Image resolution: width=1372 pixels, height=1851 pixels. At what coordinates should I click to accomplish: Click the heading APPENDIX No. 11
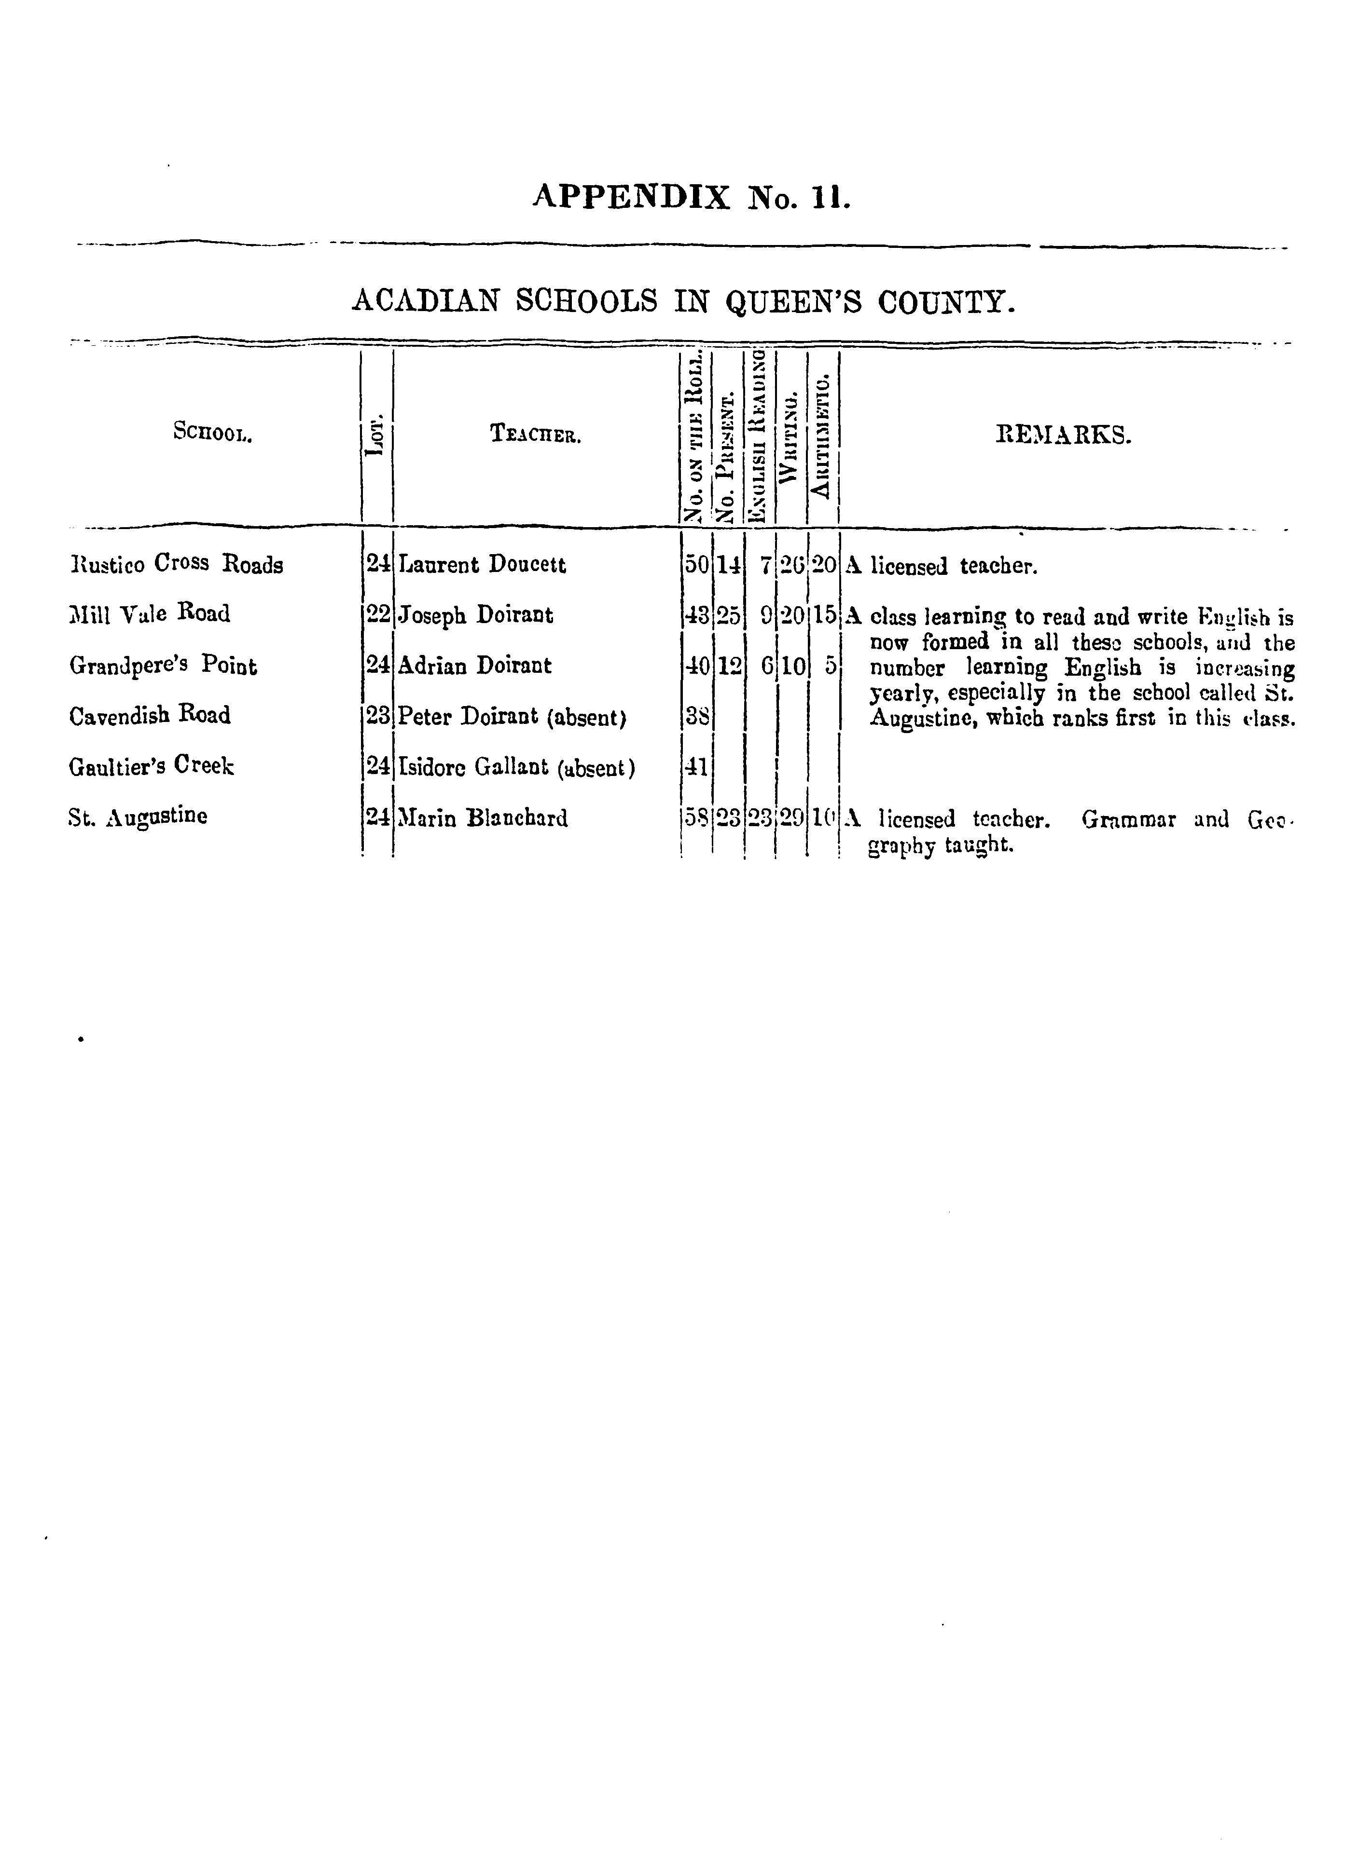click(x=691, y=198)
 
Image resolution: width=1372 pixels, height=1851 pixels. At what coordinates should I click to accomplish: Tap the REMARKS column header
click(x=1063, y=434)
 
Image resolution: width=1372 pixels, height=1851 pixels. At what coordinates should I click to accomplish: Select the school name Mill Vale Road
click(x=150, y=614)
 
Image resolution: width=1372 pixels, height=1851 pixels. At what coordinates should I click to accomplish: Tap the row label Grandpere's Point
click(x=163, y=666)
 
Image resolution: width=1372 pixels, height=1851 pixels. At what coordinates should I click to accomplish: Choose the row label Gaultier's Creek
click(x=151, y=766)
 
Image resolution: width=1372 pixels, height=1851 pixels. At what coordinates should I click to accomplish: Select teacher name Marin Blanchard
click(x=484, y=818)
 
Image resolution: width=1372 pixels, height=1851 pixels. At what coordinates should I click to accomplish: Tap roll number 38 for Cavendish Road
click(x=697, y=716)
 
